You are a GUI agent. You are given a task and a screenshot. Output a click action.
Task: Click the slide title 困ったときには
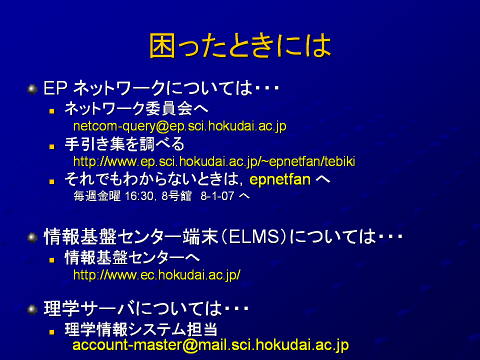coord(240,46)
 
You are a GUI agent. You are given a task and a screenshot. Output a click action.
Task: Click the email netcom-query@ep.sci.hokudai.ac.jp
coord(179,126)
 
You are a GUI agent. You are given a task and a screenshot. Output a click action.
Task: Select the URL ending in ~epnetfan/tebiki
coord(214,161)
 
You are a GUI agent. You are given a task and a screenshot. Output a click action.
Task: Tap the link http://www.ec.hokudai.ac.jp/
coord(156,275)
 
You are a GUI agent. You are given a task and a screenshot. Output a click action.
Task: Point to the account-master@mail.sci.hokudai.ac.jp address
coord(210,345)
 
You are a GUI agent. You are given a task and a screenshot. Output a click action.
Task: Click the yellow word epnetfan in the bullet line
coord(280,179)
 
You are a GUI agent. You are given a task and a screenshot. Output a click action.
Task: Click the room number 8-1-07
coord(217,196)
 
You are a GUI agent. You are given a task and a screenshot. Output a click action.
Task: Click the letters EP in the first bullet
coord(55,88)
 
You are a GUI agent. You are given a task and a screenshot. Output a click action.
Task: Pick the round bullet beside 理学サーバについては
coord(32,309)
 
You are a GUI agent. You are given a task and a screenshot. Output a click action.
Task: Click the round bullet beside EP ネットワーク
coord(32,89)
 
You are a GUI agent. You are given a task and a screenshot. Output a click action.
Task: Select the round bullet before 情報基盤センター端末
coord(32,237)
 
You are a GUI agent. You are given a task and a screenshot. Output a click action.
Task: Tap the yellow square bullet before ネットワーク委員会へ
coord(51,111)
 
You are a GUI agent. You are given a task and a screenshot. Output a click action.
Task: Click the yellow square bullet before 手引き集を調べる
coord(51,146)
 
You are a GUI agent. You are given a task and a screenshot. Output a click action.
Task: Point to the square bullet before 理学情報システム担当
coord(51,332)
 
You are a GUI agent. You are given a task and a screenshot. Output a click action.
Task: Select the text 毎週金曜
coord(97,196)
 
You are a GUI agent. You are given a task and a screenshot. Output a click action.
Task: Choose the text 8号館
coord(176,196)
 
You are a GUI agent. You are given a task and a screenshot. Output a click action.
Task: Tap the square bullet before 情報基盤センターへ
coord(51,260)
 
